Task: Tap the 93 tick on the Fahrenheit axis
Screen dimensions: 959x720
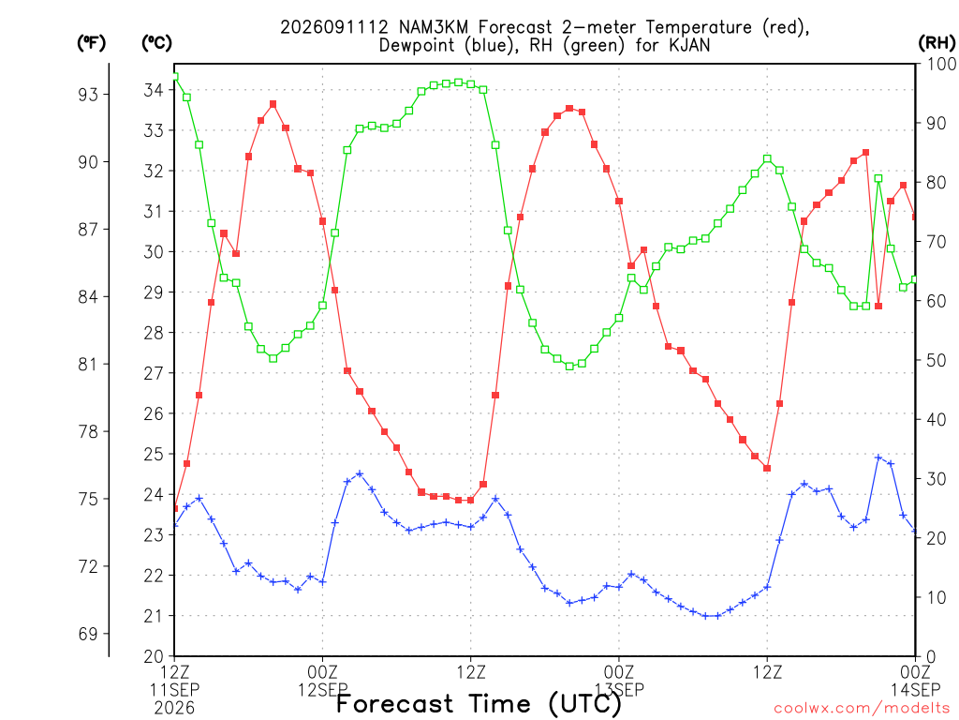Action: [88, 95]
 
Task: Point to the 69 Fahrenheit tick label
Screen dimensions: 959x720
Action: [88, 634]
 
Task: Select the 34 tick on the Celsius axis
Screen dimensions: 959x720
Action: [154, 90]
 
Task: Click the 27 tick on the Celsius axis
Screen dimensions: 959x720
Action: [154, 373]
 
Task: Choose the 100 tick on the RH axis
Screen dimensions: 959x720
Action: [941, 64]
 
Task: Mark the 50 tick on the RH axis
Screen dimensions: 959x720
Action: [937, 361]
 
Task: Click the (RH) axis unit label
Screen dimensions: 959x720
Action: [937, 43]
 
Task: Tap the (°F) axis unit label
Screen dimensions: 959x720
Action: [91, 43]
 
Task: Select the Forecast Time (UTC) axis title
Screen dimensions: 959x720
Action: [479, 704]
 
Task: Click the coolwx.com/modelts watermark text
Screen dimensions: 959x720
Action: [862, 709]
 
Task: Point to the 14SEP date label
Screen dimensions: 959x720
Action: [915, 690]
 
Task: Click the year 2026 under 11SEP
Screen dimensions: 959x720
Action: [174, 708]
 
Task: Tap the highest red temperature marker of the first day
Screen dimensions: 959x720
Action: [273, 104]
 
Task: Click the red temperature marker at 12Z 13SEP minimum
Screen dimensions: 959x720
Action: [767, 469]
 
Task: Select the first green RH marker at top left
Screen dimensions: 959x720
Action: [175, 77]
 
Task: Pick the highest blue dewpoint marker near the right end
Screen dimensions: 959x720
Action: [878, 457]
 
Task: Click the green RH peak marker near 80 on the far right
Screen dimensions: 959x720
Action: [878, 179]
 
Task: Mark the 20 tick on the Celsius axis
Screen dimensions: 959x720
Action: [154, 656]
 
